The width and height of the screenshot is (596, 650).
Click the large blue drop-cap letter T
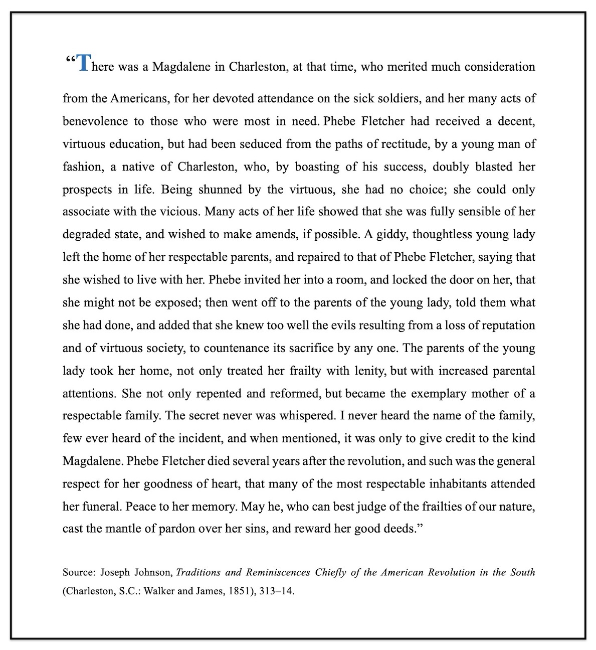pos(84,63)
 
